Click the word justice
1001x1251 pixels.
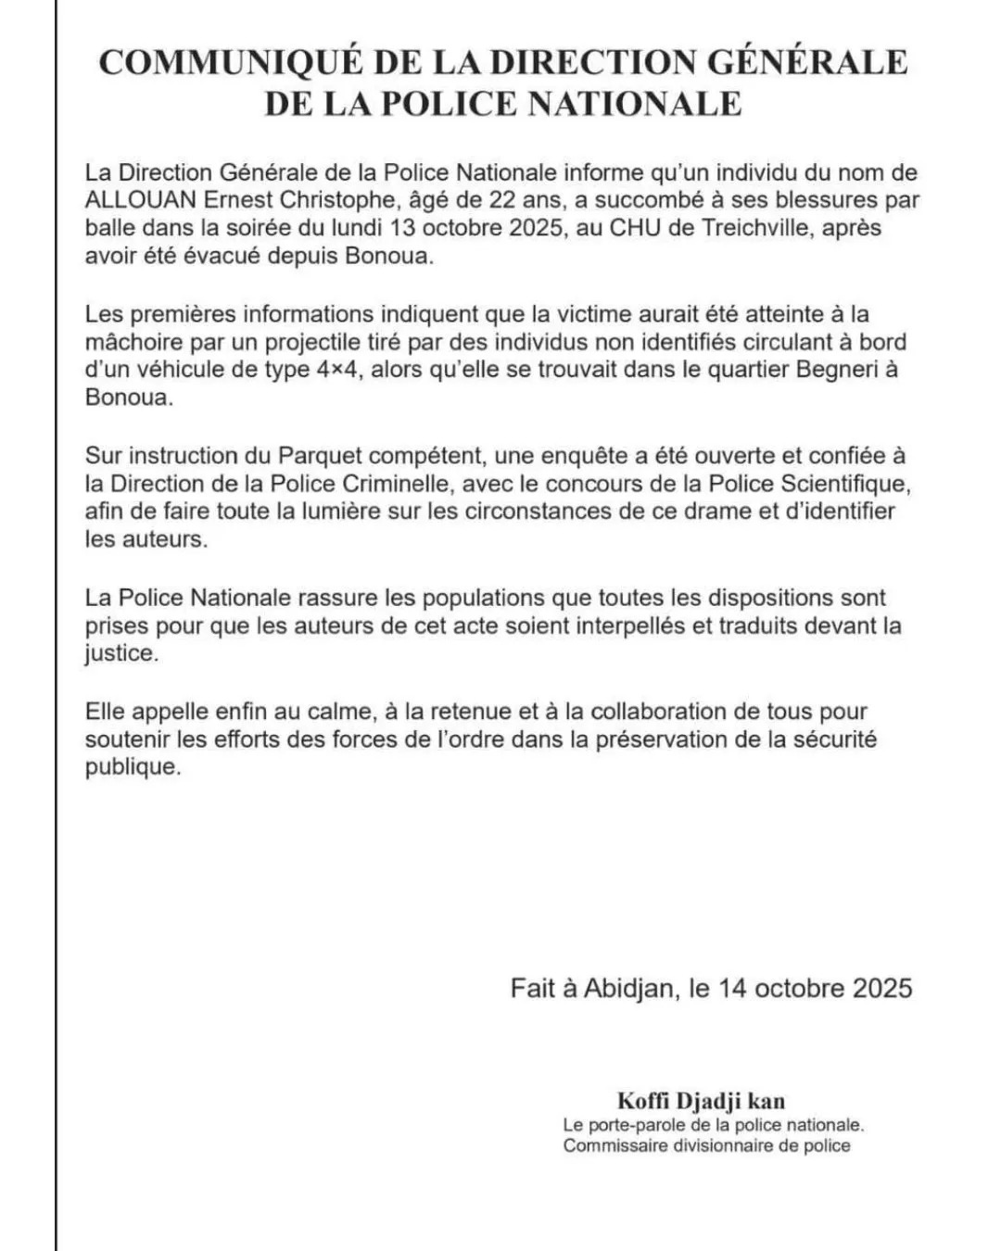tap(119, 653)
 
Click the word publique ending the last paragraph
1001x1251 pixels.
tap(129, 768)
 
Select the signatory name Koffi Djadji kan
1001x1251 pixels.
tap(701, 1101)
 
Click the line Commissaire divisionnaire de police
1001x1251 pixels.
tap(706, 1145)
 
